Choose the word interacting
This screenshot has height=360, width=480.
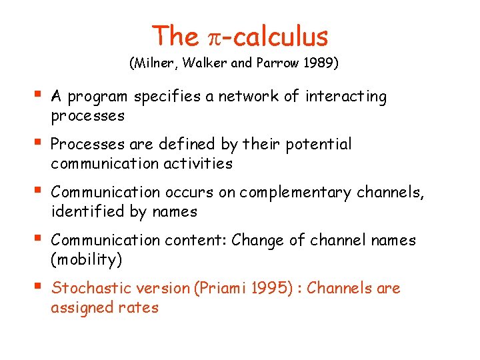click(x=346, y=97)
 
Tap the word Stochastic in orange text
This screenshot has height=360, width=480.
click(x=89, y=289)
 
